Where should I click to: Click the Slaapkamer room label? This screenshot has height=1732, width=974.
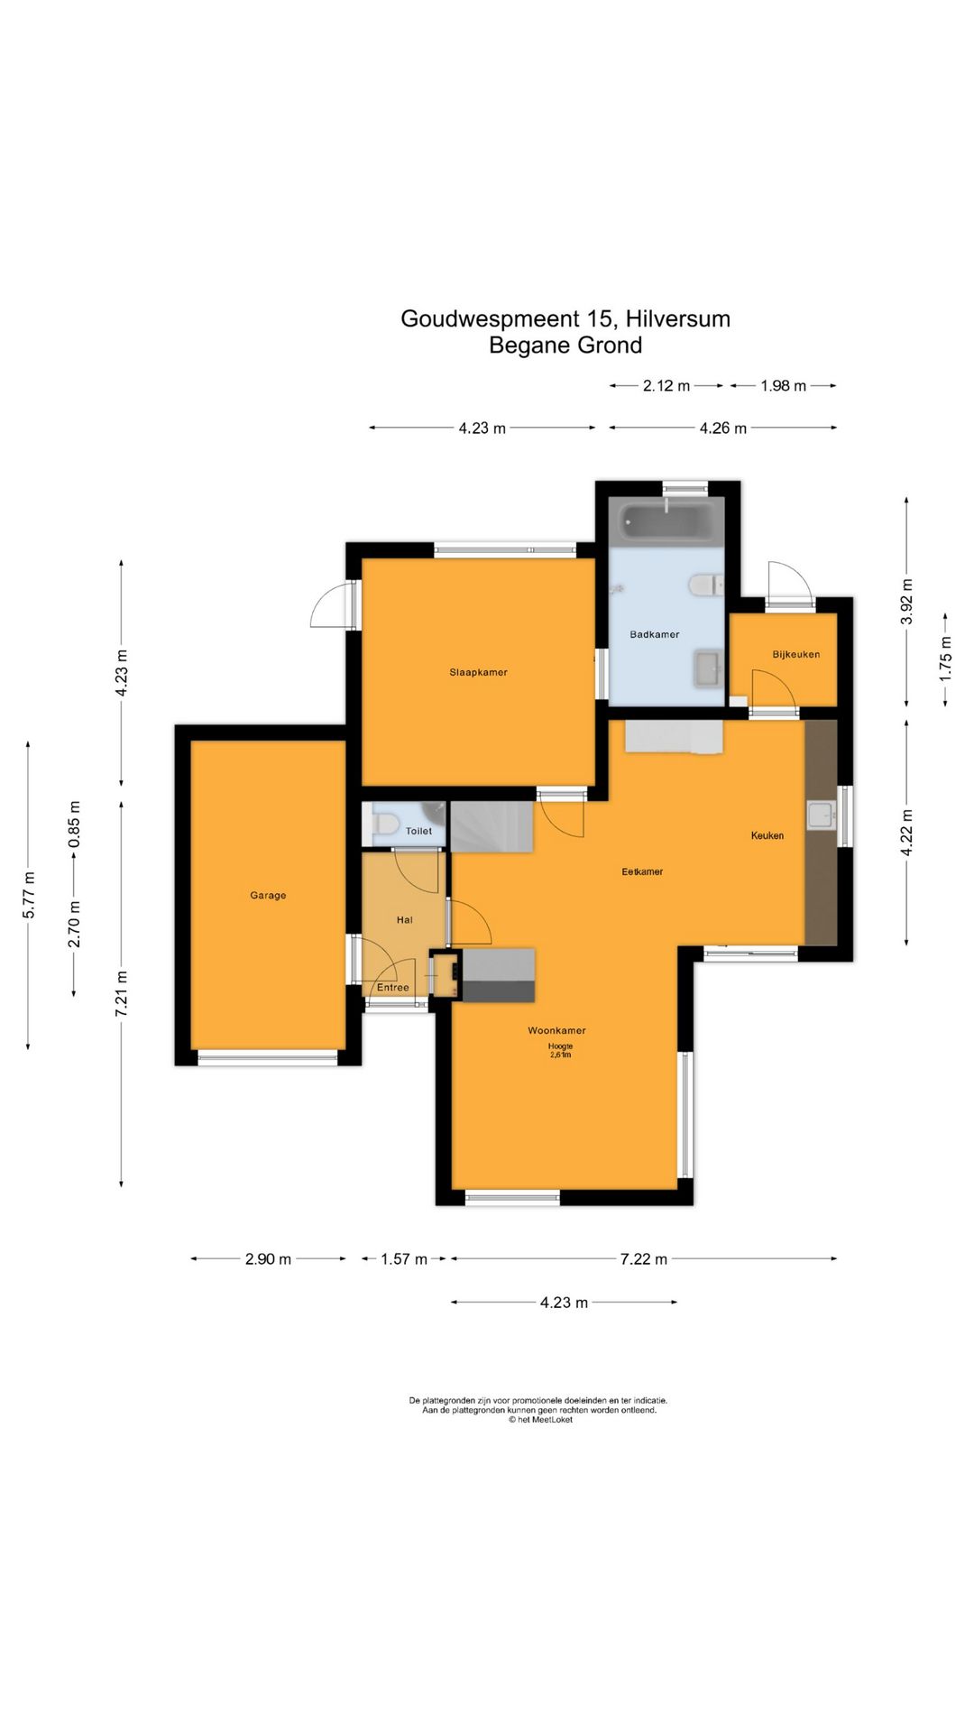(478, 672)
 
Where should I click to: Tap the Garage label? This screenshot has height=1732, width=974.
(268, 896)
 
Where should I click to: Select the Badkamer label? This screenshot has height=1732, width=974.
(655, 634)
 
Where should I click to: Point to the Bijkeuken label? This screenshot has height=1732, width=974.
(796, 654)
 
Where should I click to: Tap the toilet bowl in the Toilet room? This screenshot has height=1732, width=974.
(386, 825)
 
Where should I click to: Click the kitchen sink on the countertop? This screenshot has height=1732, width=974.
(822, 815)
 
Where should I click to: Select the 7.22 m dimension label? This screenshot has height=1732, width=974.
(644, 1258)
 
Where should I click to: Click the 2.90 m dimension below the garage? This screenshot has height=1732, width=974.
(268, 1258)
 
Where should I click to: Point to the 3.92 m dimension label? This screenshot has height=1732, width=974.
(907, 601)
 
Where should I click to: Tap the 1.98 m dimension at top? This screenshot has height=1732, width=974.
(783, 386)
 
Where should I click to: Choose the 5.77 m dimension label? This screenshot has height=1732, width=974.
(29, 895)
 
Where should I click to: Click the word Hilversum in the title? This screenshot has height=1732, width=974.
(677, 318)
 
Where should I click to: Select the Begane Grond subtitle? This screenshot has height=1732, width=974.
(565, 345)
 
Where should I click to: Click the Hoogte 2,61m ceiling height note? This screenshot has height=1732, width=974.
(560, 1050)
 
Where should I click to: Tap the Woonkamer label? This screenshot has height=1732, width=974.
(556, 1030)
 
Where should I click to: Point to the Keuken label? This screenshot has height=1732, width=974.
(767, 835)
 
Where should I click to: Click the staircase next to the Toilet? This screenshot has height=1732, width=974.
(492, 825)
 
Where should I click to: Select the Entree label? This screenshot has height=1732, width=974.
(393, 988)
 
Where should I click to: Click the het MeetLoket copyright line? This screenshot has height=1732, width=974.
(540, 1419)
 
